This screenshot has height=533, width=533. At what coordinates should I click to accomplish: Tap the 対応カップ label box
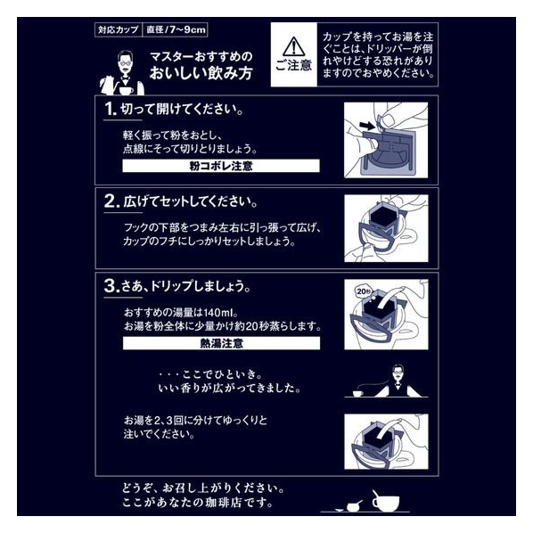click(x=118, y=29)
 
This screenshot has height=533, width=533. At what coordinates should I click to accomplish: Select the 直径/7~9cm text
click(x=176, y=29)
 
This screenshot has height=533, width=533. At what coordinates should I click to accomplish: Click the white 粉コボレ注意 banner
click(x=221, y=166)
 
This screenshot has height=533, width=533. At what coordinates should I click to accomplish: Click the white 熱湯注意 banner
click(x=221, y=343)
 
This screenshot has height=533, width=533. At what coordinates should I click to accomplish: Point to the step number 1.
click(x=110, y=109)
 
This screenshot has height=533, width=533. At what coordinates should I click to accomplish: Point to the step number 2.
click(x=111, y=201)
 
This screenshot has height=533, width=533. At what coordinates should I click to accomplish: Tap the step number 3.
click(x=111, y=286)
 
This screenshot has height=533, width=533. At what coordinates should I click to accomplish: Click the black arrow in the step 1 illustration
click(x=366, y=126)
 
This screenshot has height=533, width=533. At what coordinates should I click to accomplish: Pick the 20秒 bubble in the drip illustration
click(x=364, y=291)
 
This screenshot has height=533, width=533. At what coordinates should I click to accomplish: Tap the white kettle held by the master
click(x=108, y=86)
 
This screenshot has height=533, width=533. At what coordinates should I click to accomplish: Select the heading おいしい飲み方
click(x=201, y=73)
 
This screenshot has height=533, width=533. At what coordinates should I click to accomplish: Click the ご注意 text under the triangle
click(x=294, y=65)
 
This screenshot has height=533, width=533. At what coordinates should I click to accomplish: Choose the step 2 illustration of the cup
click(x=386, y=228)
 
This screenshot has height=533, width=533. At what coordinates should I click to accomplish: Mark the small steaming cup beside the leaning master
click(x=357, y=393)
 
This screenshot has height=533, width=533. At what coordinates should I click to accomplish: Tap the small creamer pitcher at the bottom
click(x=353, y=506)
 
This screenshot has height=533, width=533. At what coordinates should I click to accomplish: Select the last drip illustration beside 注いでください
click(x=386, y=441)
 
